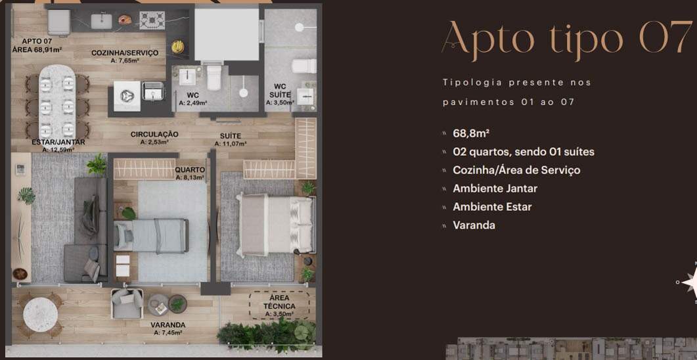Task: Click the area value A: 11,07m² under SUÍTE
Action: (x=231, y=144)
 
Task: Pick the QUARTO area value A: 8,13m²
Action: (x=190, y=177)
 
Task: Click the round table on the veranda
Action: (x=41, y=315)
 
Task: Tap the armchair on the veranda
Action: (x=127, y=304)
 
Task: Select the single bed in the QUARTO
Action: (x=151, y=236)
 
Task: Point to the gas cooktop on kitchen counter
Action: (x=152, y=20)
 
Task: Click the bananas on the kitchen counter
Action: (x=178, y=46)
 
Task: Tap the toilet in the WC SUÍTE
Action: (x=304, y=66)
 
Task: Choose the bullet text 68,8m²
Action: (x=471, y=133)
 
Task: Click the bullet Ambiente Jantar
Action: (x=495, y=189)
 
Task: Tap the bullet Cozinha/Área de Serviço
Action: (x=516, y=169)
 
